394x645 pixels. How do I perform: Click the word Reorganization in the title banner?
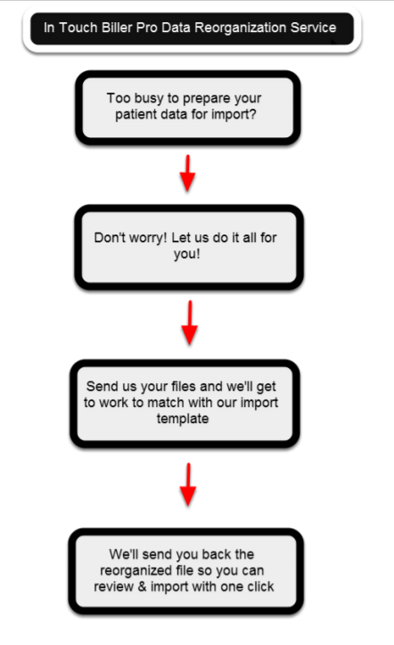point(241,29)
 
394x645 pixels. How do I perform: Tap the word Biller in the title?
point(114,28)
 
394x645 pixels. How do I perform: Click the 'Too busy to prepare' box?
point(188,108)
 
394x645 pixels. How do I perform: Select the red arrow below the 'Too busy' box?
point(187,173)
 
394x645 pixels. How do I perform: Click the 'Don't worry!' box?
point(189,247)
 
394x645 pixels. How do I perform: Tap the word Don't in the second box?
point(110,238)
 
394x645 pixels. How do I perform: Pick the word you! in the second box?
point(187,254)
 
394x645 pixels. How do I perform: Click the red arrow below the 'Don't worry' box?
point(189,322)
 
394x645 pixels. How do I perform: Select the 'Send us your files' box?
point(185,404)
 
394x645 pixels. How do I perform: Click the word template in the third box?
point(183,419)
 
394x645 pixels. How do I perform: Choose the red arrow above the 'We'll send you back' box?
point(188,485)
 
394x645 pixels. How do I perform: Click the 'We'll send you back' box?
point(185,571)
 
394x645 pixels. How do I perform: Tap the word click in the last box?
point(260,586)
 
